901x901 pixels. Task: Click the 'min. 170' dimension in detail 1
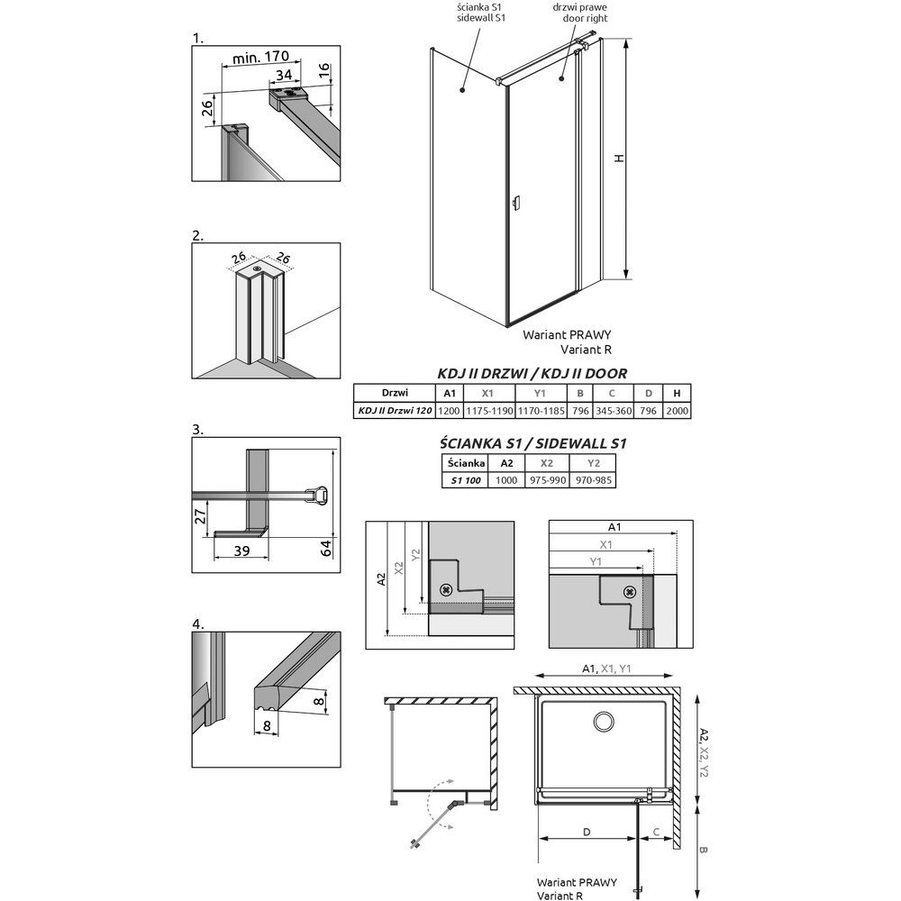[259, 58]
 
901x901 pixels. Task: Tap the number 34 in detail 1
[284, 75]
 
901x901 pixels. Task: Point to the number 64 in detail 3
[326, 548]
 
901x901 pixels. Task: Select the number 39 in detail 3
[241, 551]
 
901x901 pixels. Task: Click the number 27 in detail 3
[200, 516]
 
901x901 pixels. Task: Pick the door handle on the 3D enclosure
[516, 203]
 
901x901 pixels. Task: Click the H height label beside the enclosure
[619, 158]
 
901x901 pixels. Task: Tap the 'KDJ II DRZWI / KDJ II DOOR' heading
[532, 374]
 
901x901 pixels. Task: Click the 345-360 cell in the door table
[613, 411]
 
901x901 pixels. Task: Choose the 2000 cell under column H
[677, 411]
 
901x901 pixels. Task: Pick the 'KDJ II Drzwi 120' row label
[395, 410]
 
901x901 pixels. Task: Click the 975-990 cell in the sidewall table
[548, 480]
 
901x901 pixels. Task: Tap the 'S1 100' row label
[466, 480]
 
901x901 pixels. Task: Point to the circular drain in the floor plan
[604, 721]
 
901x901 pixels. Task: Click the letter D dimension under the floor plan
[587, 832]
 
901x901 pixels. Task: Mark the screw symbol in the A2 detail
[445, 589]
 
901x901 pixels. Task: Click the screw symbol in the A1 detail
[630, 592]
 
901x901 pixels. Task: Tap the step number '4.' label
[198, 623]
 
